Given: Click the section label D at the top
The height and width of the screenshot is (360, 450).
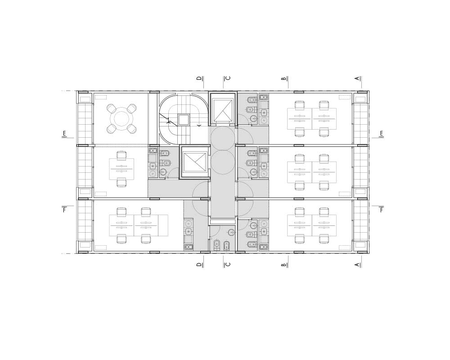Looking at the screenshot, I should (x=199, y=78).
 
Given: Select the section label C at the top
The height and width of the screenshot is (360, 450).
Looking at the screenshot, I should (x=228, y=78).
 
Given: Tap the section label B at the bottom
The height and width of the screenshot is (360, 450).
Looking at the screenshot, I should (x=284, y=265).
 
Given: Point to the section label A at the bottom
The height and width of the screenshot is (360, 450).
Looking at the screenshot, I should (x=357, y=265).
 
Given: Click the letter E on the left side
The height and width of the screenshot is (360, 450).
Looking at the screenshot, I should (x=64, y=134).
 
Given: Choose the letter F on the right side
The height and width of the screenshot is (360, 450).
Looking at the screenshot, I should (x=381, y=210).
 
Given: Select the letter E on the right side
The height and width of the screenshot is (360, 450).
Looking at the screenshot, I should (x=381, y=134).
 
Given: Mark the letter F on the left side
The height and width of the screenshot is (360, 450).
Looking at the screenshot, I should (x=64, y=210).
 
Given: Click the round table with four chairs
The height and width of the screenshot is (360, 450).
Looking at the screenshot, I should (x=121, y=119).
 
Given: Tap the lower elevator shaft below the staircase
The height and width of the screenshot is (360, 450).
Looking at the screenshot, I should (x=195, y=162).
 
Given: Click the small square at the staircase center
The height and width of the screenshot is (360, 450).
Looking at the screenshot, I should (x=184, y=120).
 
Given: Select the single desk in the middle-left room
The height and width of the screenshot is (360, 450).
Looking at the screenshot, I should (x=121, y=169).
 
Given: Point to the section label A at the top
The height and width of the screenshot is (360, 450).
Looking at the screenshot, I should (x=357, y=78).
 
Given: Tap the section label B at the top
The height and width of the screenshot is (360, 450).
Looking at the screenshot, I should (x=284, y=78).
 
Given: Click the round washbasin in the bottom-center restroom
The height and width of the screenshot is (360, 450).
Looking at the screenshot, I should (x=231, y=233).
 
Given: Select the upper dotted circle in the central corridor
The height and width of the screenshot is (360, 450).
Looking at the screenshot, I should (x=223, y=138).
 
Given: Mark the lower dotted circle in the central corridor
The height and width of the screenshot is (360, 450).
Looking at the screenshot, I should (x=223, y=162).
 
